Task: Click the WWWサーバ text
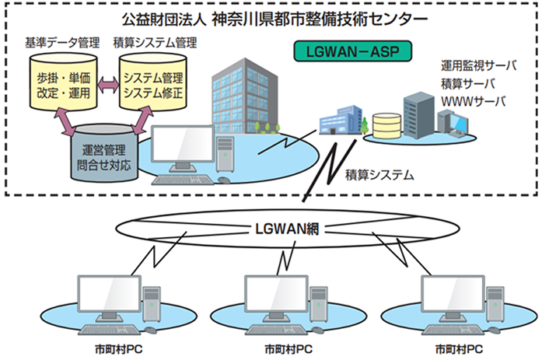click(473, 102)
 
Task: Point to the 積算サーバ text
click(467, 84)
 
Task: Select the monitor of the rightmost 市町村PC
click(449, 296)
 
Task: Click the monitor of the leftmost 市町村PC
click(105, 296)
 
